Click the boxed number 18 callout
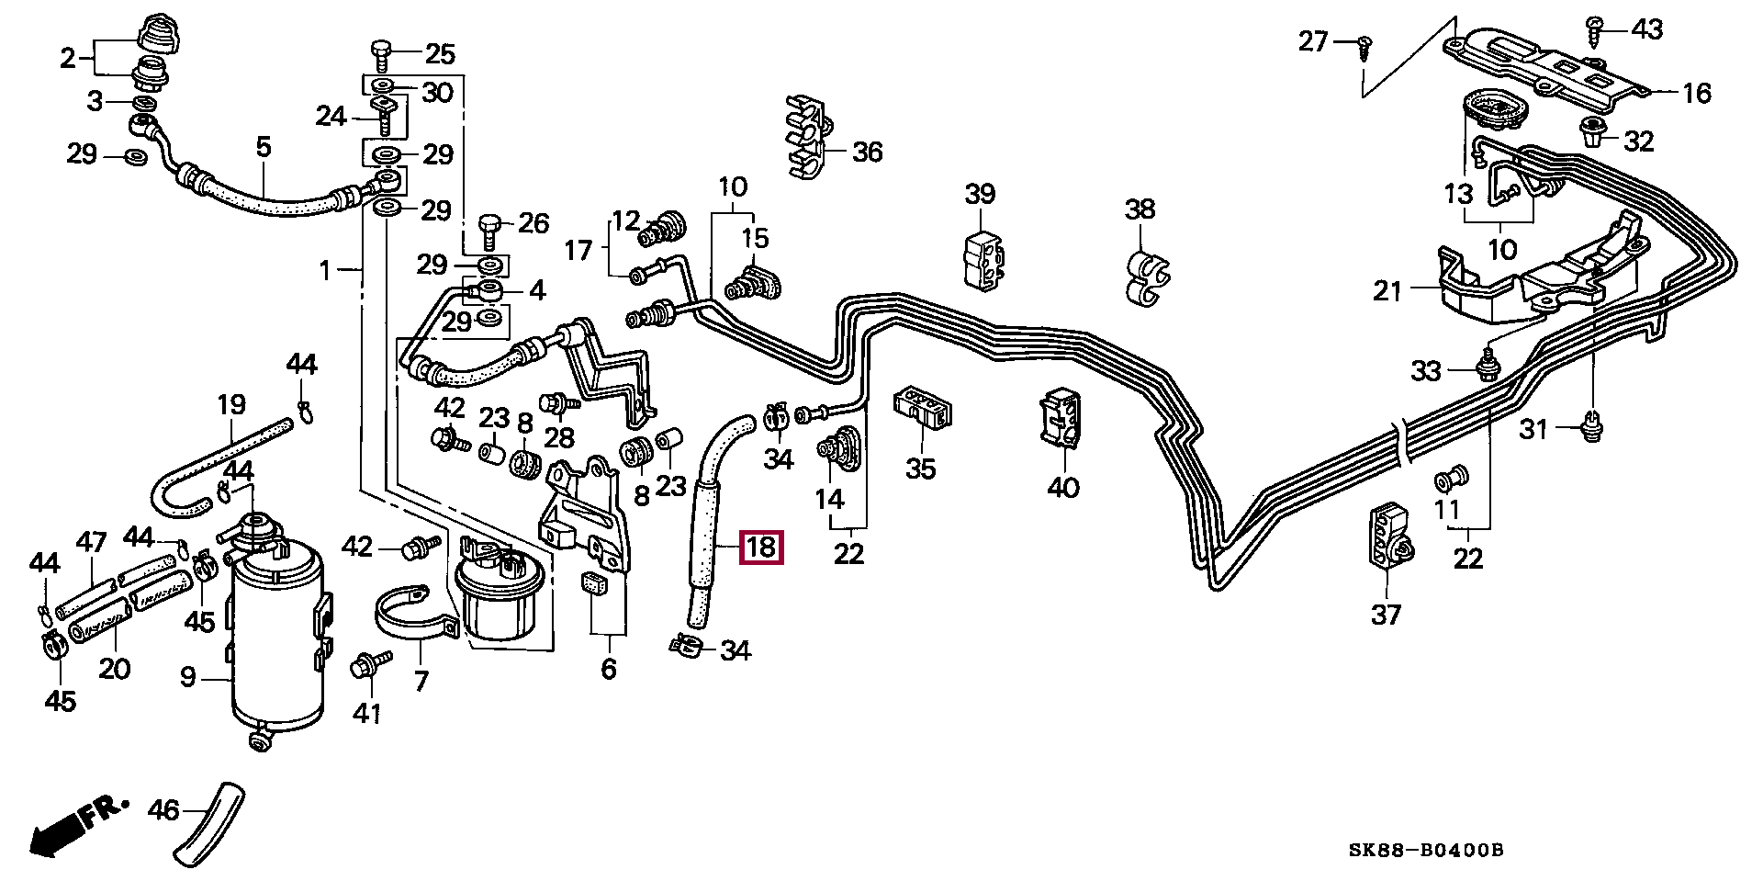tap(762, 548)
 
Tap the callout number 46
tap(164, 810)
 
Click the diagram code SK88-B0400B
tap(1425, 851)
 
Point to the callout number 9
tap(187, 678)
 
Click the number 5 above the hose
tap(264, 147)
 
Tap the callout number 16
tap(1697, 93)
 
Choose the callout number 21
tap(1387, 291)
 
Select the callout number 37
tap(1386, 614)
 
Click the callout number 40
tap(1063, 487)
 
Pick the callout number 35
tap(921, 469)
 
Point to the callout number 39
tap(980, 194)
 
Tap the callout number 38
tap(1140, 209)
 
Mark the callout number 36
tap(867, 152)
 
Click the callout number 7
tap(421, 681)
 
